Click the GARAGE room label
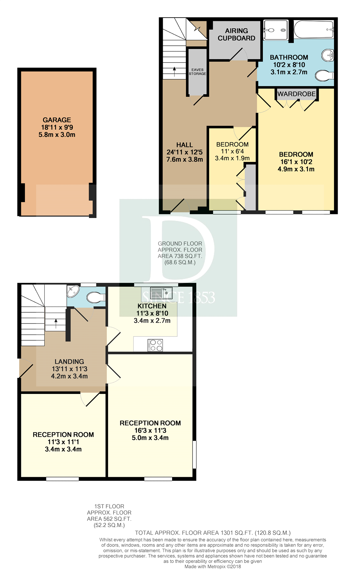coord(57,120)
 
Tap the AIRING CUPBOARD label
coord(237,35)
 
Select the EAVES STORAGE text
coord(197,72)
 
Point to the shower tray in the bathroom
coord(275,30)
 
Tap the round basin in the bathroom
coord(328,55)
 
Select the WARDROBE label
coord(296,94)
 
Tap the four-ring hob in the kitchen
coord(156,345)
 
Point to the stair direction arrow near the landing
coord(55,323)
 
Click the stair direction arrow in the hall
coord(174,71)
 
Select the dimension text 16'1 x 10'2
coord(296,162)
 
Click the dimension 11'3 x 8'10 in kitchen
coord(152,313)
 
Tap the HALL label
coord(184,145)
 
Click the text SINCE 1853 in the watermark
coord(179,298)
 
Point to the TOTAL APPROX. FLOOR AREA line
coord(213,533)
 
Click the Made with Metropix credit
coord(213,567)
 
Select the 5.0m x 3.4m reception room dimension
coord(150,438)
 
